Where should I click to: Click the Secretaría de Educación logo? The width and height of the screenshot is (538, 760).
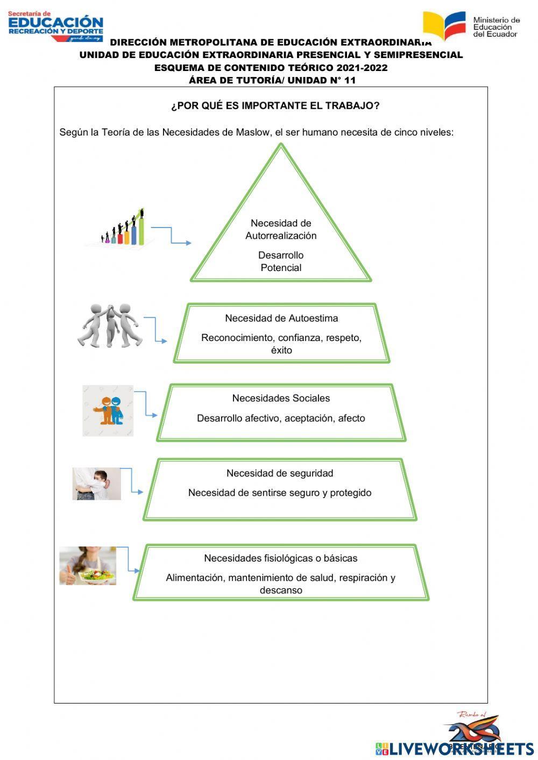pyautogui.click(x=55, y=26)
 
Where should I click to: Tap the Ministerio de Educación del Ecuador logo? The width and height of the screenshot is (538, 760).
pyautogui.click(x=471, y=25)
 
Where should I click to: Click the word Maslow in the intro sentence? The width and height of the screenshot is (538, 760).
pyautogui.click(x=252, y=132)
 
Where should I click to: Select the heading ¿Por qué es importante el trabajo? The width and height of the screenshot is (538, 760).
pyautogui.click(x=275, y=105)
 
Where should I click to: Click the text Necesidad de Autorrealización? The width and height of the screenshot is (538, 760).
pyautogui.click(x=281, y=229)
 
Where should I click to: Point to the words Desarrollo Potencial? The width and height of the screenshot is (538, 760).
pyautogui.click(x=281, y=261)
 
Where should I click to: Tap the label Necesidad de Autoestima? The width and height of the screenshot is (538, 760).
pyautogui.click(x=281, y=318)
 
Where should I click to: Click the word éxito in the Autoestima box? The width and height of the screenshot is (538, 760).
pyautogui.click(x=281, y=350)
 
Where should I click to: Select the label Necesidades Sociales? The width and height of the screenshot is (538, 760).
pyautogui.click(x=281, y=398)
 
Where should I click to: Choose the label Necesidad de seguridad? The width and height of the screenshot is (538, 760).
pyautogui.click(x=280, y=473)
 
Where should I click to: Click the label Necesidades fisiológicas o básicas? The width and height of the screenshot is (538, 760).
pyautogui.click(x=280, y=558)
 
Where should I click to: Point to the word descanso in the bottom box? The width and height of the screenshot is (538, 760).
pyautogui.click(x=281, y=590)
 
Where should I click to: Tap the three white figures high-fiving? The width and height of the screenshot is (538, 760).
pyautogui.click(x=109, y=325)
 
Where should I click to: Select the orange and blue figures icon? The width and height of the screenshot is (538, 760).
pyautogui.click(x=108, y=410)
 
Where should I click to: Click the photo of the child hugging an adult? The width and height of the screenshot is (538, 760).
pyautogui.click(x=97, y=484)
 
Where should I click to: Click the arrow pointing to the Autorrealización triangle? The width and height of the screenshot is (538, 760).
pyautogui.click(x=172, y=236)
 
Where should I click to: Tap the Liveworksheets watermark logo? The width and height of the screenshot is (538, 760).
pyautogui.click(x=455, y=748)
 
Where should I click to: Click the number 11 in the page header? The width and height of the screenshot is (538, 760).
pyautogui.click(x=350, y=80)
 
